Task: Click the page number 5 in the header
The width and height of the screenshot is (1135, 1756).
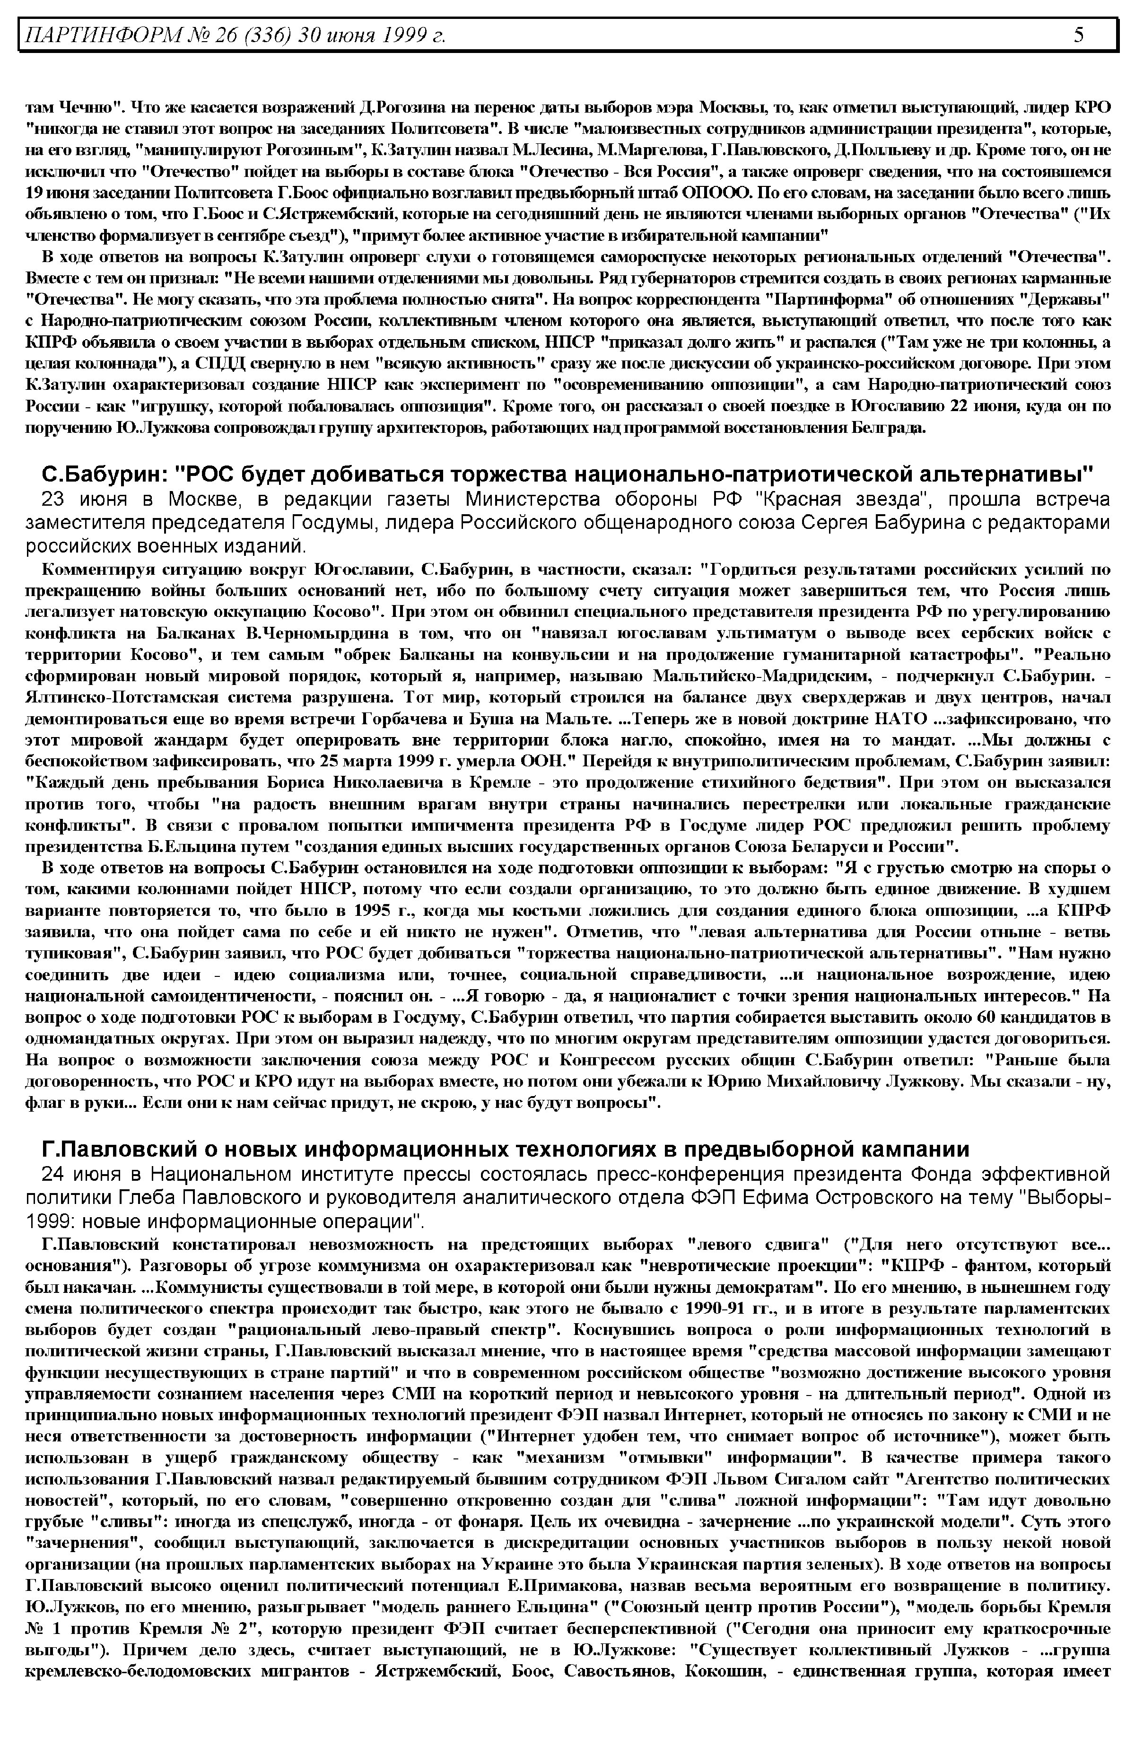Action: pyautogui.click(x=1079, y=35)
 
